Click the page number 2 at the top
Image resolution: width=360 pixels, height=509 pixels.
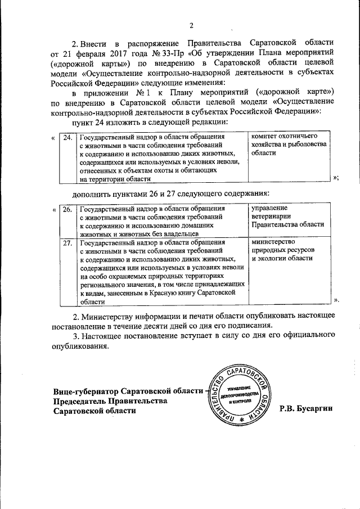(x=191, y=25)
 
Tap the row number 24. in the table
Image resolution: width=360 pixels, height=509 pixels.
(x=67, y=138)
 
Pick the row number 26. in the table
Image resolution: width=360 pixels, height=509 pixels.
(x=67, y=210)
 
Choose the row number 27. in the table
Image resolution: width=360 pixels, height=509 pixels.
(x=67, y=243)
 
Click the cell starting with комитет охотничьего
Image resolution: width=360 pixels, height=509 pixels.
(x=287, y=145)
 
